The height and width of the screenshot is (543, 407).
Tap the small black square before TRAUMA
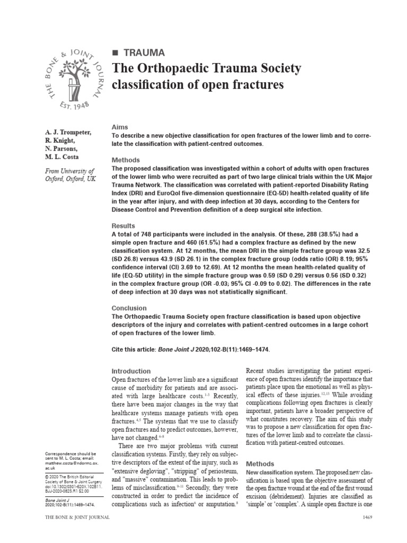click(115, 52)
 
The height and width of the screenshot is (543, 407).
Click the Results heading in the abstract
click(123, 226)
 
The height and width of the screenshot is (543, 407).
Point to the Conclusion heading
click(129, 308)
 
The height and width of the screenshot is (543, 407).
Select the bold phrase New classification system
click(280, 471)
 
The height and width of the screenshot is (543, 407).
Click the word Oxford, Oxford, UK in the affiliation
click(66, 180)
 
